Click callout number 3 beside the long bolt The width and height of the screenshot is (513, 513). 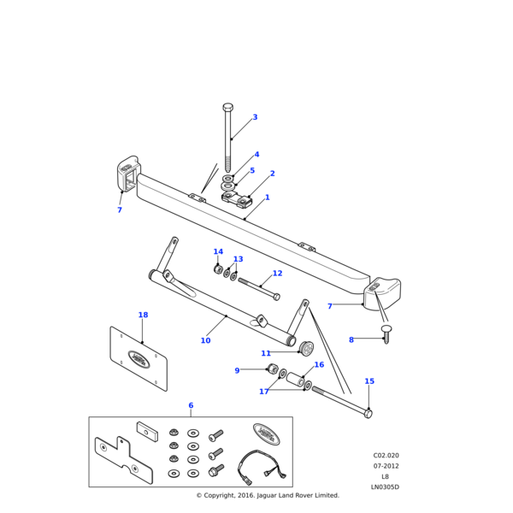(255, 117)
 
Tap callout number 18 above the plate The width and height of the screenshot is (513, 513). (143, 315)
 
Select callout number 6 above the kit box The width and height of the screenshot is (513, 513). (191, 405)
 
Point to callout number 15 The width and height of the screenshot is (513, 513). (369, 381)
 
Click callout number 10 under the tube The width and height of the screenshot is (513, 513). (205, 340)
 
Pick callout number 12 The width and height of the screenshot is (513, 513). (277, 274)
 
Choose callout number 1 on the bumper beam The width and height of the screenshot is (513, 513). (267, 198)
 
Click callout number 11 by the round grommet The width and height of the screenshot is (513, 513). (266, 353)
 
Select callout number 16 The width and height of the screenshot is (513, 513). (343, 365)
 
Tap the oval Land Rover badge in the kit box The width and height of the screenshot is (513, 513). (266, 434)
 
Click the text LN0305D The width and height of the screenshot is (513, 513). (385, 487)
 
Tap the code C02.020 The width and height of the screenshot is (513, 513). (386, 456)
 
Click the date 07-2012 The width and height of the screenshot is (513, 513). (386, 466)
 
